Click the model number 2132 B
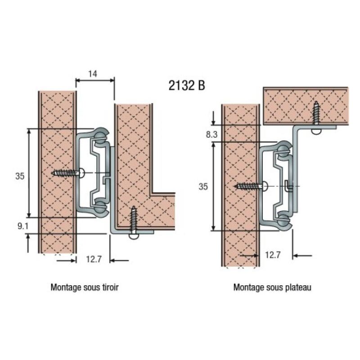point(187,85)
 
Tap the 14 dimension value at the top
point(94,73)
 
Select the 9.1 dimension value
point(23,226)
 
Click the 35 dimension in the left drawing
point(19,176)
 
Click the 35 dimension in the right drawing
point(203,186)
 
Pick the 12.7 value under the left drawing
point(93,259)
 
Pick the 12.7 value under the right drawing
point(273,255)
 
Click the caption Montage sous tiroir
point(85,287)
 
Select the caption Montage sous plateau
point(272,287)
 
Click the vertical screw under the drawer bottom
point(134,223)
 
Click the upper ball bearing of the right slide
point(283,150)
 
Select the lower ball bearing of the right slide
point(283,220)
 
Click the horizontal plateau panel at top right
point(288,106)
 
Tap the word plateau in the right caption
point(298,287)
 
